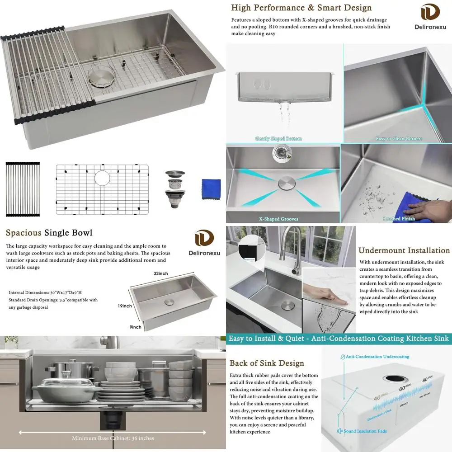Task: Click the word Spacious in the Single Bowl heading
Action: pos(24,233)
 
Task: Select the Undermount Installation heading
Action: pos(404,250)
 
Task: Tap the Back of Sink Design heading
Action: pos(267,363)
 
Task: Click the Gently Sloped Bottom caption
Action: pos(278,139)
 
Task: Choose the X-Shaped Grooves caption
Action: pos(278,219)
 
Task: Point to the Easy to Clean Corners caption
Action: pos(399,139)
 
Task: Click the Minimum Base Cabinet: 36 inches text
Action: pos(113,438)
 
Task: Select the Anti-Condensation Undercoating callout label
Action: pos(377,357)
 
